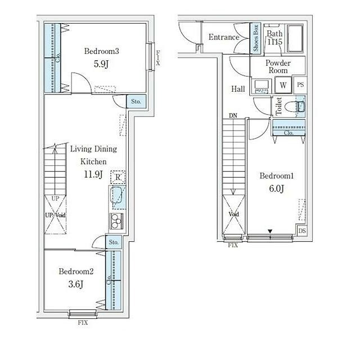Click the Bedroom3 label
click(x=101, y=51)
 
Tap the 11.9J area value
click(x=93, y=174)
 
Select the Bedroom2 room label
click(x=76, y=271)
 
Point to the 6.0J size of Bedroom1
click(x=276, y=188)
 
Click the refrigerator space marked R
click(x=118, y=177)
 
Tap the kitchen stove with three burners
click(x=117, y=221)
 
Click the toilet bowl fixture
click(x=295, y=107)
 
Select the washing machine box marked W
click(x=283, y=85)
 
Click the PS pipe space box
click(x=300, y=85)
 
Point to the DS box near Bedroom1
click(x=302, y=231)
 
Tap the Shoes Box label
click(x=255, y=38)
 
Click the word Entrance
click(x=224, y=37)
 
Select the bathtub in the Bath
click(x=295, y=38)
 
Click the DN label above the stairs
click(x=233, y=115)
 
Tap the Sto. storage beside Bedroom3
click(x=136, y=101)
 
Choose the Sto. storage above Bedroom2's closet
click(x=114, y=242)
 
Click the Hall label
click(x=238, y=89)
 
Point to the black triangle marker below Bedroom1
click(x=270, y=231)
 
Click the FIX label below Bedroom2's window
click(x=83, y=322)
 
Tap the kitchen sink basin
click(x=118, y=195)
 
